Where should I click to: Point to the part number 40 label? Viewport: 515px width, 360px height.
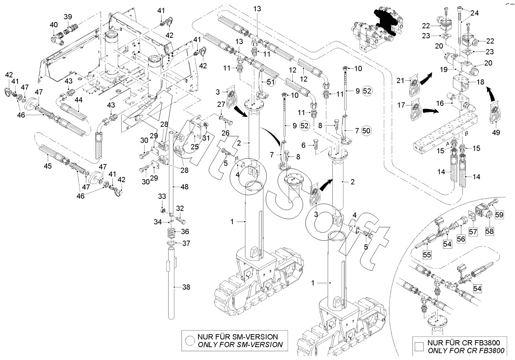[54, 25]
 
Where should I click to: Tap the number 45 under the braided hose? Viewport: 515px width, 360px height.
[47, 166]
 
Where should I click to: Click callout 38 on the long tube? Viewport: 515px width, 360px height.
[187, 288]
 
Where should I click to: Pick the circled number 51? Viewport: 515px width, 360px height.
[271, 82]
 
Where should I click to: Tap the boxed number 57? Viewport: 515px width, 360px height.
[472, 232]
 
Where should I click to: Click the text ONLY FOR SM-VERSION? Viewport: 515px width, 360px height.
[240, 345]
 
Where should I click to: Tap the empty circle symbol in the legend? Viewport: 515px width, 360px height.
[190, 341]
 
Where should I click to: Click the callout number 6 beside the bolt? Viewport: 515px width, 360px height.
[303, 145]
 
